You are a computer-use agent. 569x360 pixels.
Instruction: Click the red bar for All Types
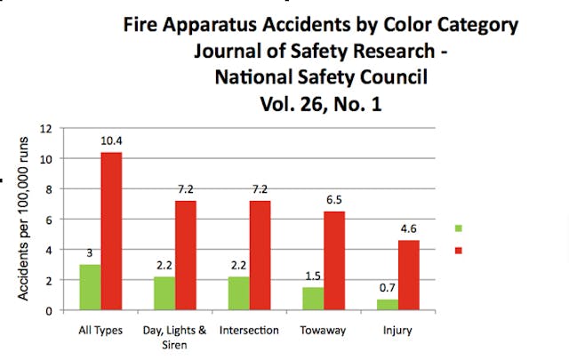click(x=110, y=231)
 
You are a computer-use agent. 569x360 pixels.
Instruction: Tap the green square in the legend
click(x=459, y=229)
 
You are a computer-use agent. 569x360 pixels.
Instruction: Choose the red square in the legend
click(x=459, y=250)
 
